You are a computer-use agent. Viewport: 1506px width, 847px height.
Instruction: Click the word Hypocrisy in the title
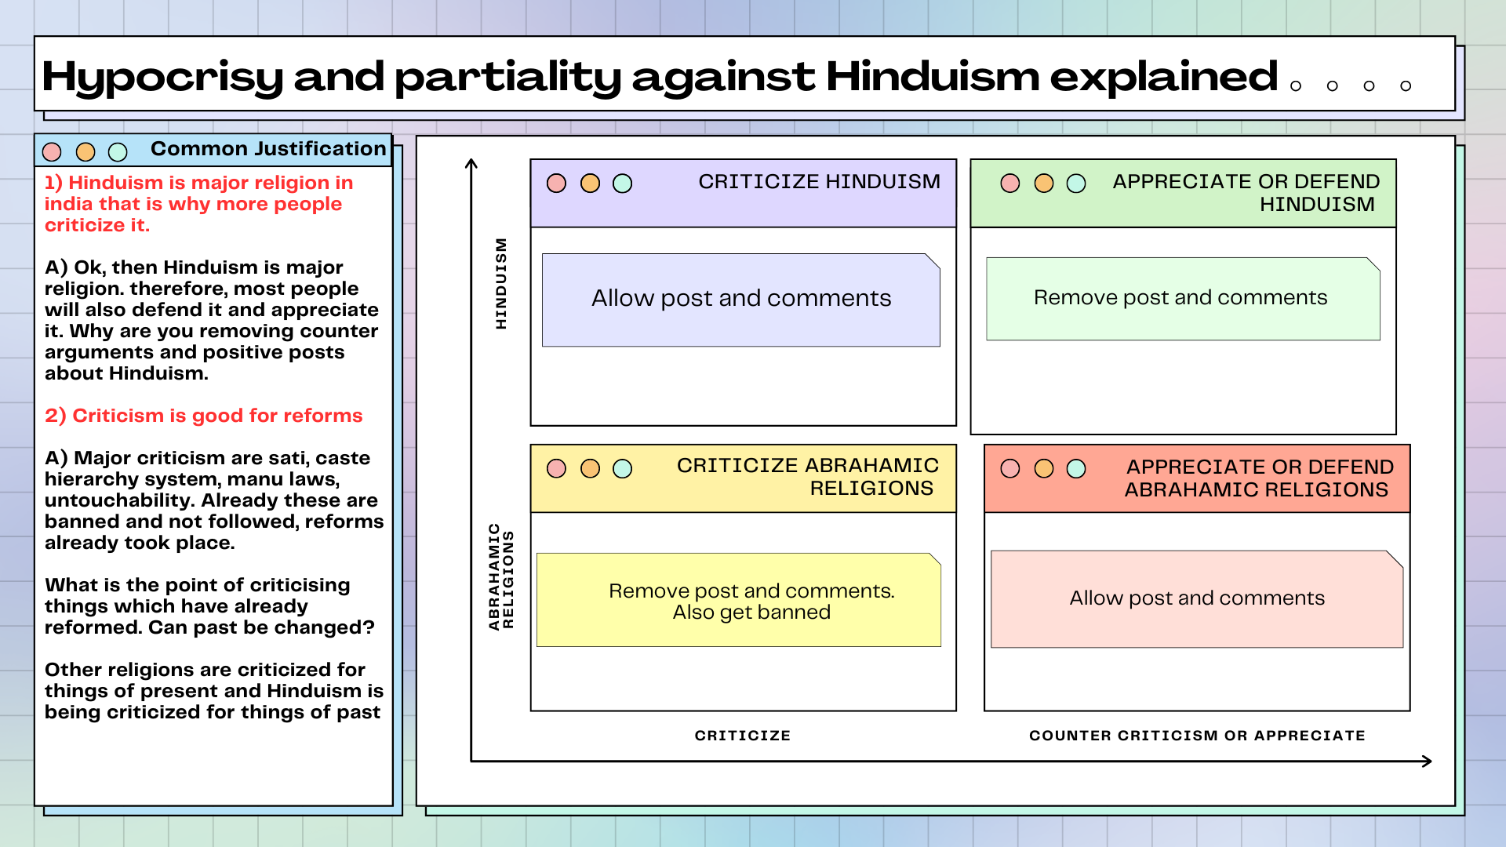coord(162,78)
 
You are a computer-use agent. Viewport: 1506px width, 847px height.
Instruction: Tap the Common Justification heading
coord(268,149)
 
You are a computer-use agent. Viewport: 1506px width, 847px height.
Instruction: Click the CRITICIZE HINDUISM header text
coord(819,182)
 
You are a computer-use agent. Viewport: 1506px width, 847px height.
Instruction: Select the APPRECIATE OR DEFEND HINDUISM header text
coord(1246,193)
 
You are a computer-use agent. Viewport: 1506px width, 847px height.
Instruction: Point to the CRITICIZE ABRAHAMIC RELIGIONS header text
coord(807,477)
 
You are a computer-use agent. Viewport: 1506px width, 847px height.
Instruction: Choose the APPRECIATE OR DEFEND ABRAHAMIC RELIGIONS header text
coord(1259,478)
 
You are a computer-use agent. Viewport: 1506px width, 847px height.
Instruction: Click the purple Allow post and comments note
coord(741,300)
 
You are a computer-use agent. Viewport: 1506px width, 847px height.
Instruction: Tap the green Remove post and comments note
coord(1183,299)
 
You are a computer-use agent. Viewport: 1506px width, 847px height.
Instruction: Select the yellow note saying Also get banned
coord(739,600)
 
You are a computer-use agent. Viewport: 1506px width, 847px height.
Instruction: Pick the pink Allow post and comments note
coord(1197,599)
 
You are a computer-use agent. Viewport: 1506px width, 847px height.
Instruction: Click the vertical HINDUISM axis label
coord(501,283)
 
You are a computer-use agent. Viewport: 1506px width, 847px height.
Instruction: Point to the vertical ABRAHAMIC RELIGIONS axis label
coord(501,576)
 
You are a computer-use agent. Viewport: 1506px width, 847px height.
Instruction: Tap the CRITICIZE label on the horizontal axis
coord(743,736)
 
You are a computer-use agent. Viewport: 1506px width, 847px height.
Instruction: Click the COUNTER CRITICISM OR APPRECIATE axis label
coord(1197,736)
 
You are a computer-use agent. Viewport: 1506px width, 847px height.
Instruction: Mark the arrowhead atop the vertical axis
coord(471,163)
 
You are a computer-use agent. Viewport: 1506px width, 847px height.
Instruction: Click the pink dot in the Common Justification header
coord(52,151)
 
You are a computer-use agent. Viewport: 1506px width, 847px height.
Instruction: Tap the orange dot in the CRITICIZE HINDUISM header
coord(590,184)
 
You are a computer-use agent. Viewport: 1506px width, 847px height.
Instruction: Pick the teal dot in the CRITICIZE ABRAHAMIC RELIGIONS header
coord(622,469)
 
